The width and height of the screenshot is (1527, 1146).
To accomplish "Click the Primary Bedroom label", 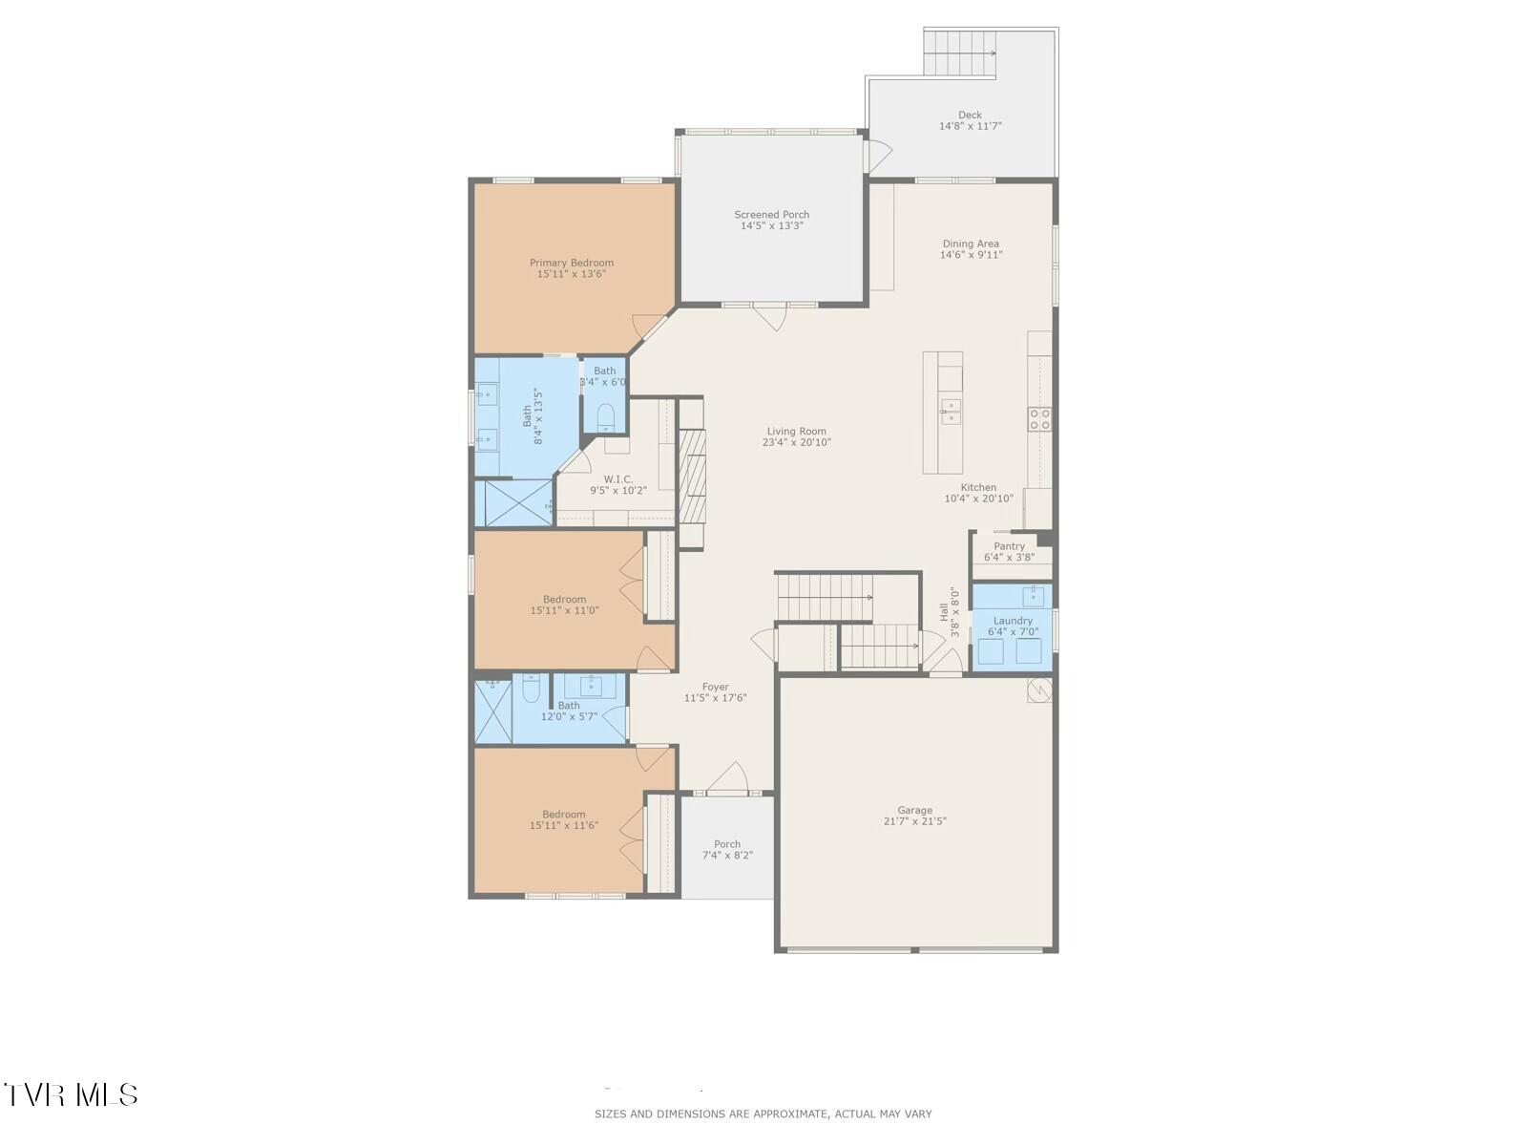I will pyautogui.click(x=572, y=263).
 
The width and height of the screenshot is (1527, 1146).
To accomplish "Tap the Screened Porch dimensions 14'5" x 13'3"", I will pyautogui.click(x=771, y=226).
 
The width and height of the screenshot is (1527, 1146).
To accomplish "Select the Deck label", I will pyautogui.click(x=970, y=115).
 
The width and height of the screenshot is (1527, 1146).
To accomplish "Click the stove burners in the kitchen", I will pyautogui.click(x=1039, y=418).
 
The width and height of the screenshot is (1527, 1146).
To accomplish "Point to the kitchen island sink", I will pyautogui.click(x=951, y=411).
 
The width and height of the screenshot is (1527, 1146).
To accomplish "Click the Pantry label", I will pyautogui.click(x=1009, y=546).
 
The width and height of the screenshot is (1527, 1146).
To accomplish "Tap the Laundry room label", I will pyautogui.click(x=1013, y=621).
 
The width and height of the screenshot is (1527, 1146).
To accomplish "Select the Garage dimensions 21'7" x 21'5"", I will pyautogui.click(x=914, y=821).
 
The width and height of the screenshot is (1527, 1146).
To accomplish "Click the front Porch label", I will pyautogui.click(x=727, y=844).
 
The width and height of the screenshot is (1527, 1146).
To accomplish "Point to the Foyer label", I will pyautogui.click(x=715, y=687).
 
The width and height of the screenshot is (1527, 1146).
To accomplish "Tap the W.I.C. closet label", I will pyautogui.click(x=617, y=479).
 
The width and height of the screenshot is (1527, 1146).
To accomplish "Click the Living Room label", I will pyautogui.click(x=796, y=431).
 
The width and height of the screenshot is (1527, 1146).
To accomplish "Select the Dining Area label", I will pyautogui.click(x=971, y=244).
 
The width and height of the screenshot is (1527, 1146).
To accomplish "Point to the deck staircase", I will pyautogui.click(x=959, y=53).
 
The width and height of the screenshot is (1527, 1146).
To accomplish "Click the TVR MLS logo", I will pyautogui.click(x=71, y=1094).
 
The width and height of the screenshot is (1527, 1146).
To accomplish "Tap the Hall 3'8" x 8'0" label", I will pyautogui.click(x=944, y=605).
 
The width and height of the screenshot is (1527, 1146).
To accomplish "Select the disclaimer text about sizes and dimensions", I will pyautogui.click(x=763, y=1114).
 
